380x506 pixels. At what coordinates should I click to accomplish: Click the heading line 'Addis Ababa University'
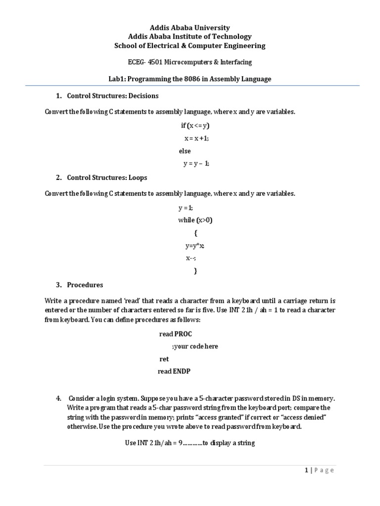click(190, 28)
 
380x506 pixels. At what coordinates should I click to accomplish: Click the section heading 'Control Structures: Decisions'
click(112, 95)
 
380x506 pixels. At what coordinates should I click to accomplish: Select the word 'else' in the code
click(185, 151)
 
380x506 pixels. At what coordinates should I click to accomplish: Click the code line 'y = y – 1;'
click(196, 164)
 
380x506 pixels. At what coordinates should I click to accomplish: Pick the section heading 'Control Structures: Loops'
click(107, 177)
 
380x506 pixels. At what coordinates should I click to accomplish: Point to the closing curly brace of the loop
click(195, 271)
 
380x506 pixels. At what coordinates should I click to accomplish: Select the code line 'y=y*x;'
click(195, 246)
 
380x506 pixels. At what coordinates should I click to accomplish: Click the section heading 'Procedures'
click(85, 285)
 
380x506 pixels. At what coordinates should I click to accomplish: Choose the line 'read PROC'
click(175, 334)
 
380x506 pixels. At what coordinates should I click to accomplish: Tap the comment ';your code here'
click(195, 346)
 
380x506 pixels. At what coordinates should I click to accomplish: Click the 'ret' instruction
click(164, 359)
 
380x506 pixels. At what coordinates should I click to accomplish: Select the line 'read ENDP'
click(174, 372)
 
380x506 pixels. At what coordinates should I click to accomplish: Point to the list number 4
click(58, 398)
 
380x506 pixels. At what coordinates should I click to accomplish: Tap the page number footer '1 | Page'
click(319, 470)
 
